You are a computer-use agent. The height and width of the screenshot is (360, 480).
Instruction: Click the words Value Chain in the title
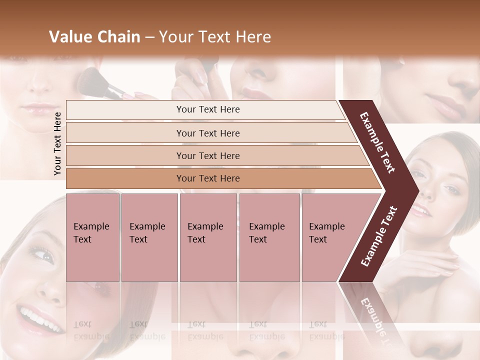(94, 37)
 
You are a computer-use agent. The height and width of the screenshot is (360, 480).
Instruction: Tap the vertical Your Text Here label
(57, 143)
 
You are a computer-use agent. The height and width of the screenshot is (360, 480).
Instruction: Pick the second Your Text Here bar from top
(208, 133)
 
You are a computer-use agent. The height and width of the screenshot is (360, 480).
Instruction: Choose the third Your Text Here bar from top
(208, 155)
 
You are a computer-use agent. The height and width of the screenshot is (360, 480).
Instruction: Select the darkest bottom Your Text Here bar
(208, 178)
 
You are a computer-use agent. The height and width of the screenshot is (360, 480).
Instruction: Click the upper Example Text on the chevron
(377, 142)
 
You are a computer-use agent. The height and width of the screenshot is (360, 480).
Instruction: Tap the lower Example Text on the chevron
(379, 236)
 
